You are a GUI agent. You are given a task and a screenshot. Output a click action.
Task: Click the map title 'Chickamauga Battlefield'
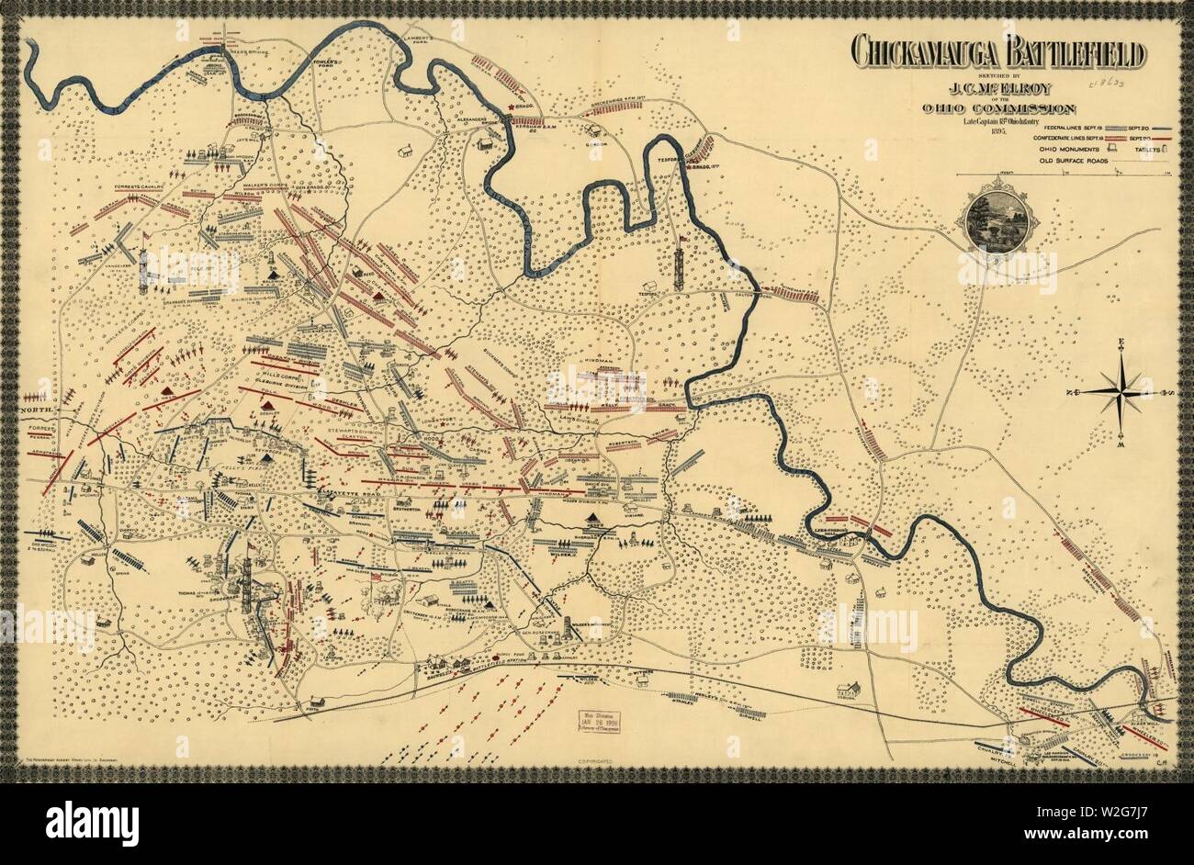pos(997,53)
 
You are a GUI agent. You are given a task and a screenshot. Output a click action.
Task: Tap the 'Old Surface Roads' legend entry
pos(1053,161)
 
